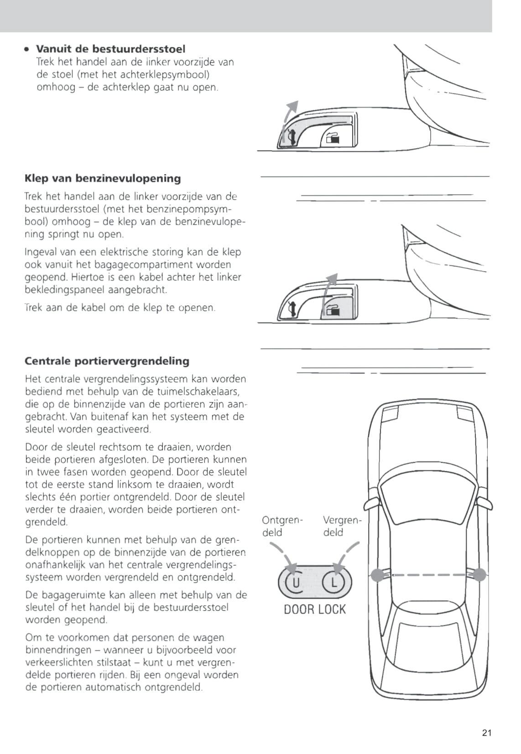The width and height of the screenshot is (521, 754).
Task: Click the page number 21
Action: point(486,733)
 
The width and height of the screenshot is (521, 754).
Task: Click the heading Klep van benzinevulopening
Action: point(103,178)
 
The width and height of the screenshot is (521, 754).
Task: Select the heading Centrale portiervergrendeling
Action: point(107,361)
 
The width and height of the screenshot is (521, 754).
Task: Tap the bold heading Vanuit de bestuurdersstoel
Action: point(110,49)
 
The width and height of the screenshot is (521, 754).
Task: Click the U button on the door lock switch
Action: point(296,582)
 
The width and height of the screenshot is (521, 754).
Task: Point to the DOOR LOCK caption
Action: point(315,609)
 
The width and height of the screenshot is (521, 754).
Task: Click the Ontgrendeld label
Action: point(282,526)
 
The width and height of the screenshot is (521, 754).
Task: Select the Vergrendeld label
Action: point(342,526)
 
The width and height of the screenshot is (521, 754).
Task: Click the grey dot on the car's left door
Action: point(377,575)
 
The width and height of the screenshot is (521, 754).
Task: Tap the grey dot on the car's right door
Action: point(479,574)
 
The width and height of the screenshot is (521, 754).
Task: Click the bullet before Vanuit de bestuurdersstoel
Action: point(28,49)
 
